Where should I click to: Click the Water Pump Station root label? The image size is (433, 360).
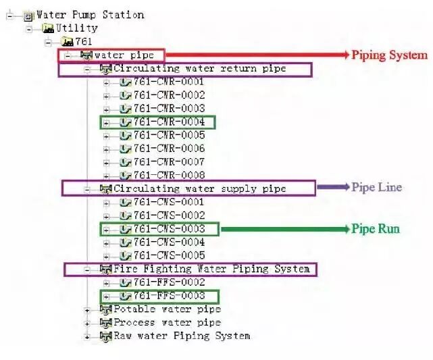click(x=90, y=15)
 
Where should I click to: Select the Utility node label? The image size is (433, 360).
click(x=77, y=28)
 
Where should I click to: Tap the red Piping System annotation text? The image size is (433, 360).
click(x=389, y=55)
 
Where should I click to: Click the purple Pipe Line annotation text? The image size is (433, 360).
click(x=377, y=187)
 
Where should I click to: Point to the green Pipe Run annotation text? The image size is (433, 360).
click(x=376, y=229)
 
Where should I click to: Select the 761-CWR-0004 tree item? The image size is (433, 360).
click(x=170, y=122)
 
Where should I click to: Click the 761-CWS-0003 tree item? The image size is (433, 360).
click(x=170, y=229)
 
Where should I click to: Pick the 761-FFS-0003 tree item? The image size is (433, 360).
click(x=170, y=296)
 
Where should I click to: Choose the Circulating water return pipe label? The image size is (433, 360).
click(x=200, y=68)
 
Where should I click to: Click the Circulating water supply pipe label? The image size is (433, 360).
click(x=200, y=189)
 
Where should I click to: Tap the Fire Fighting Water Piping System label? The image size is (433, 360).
click(x=212, y=269)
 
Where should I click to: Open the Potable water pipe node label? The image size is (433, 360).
click(x=168, y=309)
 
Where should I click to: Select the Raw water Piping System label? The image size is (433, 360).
click(x=182, y=336)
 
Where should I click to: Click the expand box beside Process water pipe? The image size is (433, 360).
click(x=87, y=324)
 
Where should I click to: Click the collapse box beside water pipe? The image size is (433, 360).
click(x=68, y=56)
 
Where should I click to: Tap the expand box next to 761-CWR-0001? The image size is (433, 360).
click(x=106, y=83)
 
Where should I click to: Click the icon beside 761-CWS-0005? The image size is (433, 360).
click(x=126, y=255)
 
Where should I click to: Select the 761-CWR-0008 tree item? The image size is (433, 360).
click(x=170, y=176)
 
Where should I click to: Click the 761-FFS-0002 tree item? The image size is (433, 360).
click(x=170, y=282)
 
